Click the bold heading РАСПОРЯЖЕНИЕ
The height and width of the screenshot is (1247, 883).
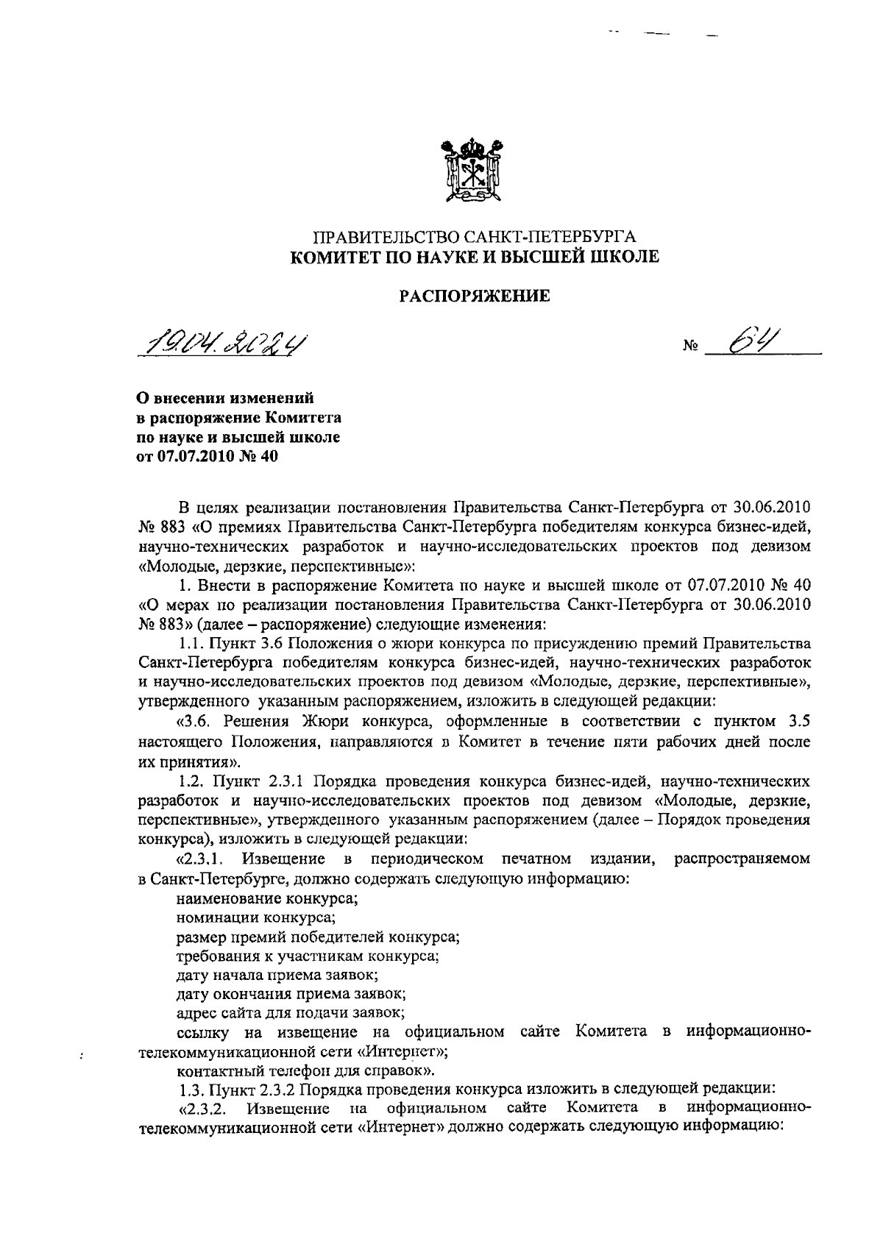click(x=475, y=296)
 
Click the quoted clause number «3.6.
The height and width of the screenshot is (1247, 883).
click(x=194, y=721)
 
